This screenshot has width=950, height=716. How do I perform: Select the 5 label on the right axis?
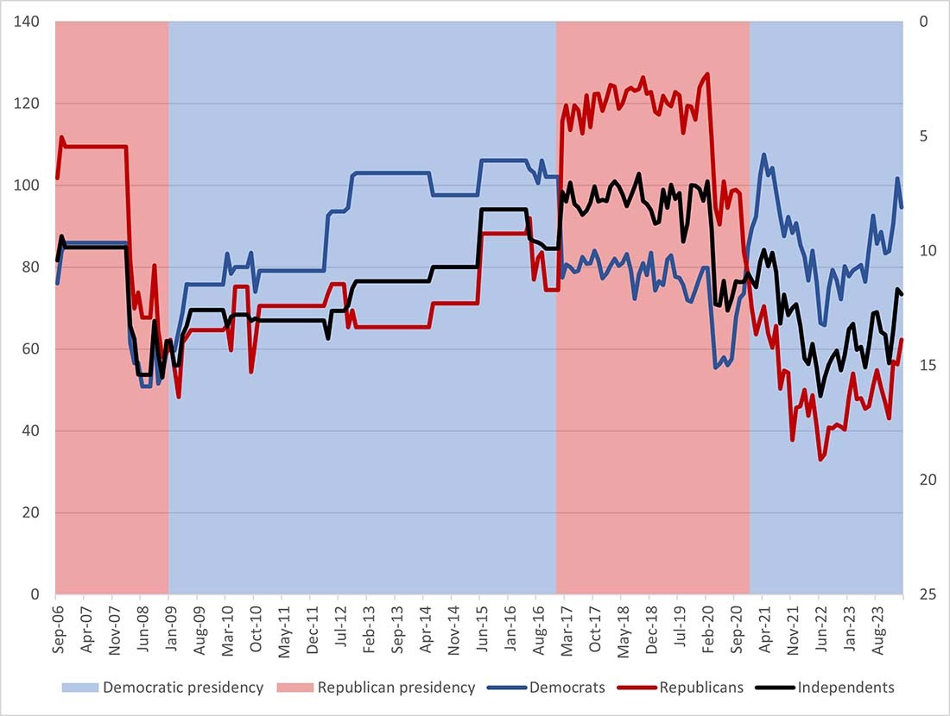tap(923, 136)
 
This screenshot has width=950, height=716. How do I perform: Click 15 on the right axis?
tap(927, 366)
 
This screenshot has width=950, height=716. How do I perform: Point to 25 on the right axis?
tap(927, 595)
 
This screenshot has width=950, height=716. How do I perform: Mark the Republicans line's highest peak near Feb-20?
tap(707, 74)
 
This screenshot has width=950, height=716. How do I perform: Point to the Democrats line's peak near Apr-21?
tap(763, 155)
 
